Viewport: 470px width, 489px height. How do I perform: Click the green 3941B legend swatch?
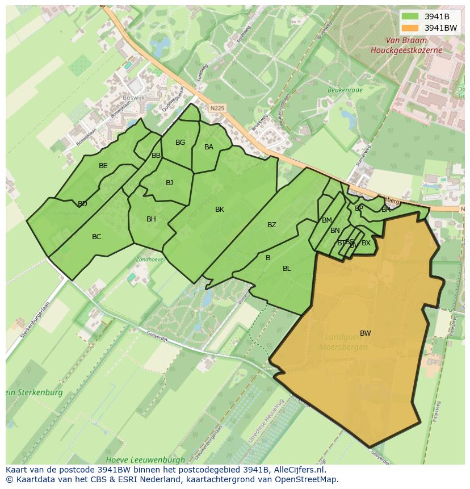pos(410,16)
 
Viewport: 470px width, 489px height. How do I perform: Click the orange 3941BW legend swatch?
pos(410,28)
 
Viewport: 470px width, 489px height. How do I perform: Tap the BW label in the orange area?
pos(365,333)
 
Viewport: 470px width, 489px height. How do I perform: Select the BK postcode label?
pos(220,210)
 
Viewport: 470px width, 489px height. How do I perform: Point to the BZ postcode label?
pos(272,225)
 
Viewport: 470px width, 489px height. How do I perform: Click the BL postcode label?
pos(287,269)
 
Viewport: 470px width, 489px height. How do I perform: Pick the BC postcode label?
pos(96,237)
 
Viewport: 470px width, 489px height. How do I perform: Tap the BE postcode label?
pos(103,166)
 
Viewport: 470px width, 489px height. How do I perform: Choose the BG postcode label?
pos(180,143)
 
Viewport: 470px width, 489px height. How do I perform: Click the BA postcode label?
pos(209,147)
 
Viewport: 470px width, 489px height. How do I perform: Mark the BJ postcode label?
pos(169,182)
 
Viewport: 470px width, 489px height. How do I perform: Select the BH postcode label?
pos(151,219)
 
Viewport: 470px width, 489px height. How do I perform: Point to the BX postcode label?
pos(366,243)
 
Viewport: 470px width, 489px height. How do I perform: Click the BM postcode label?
pos(327,220)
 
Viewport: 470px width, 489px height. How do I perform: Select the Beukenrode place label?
pos(345,89)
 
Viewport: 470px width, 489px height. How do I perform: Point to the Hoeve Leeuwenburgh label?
pos(145,459)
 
